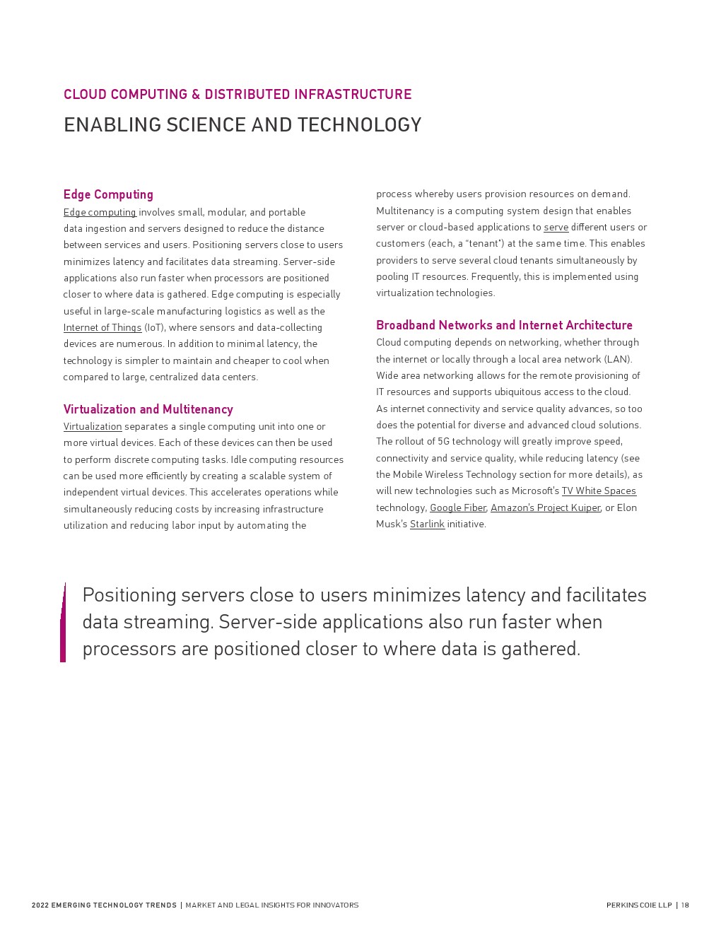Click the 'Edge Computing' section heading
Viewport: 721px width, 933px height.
pyautogui.click(x=108, y=194)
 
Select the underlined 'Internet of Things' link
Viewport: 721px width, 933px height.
pyautogui.click(x=102, y=327)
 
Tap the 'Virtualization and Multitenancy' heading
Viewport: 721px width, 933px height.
pyautogui.click(x=148, y=409)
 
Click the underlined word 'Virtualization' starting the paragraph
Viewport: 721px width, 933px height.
pyautogui.click(x=93, y=426)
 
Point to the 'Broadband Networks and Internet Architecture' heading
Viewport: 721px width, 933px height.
pyautogui.click(x=504, y=325)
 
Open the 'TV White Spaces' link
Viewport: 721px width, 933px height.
pyautogui.click(x=599, y=491)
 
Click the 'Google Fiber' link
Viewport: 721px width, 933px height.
pyautogui.click(x=458, y=507)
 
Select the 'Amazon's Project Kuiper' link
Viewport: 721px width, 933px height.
pyautogui.click(x=545, y=507)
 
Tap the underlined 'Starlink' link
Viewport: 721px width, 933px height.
pyautogui.click(x=427, y=524)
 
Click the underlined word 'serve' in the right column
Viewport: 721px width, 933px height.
pyautogui.click(x=556, y=227)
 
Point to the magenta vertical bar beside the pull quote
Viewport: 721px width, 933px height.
pyautogui.click(x=63, y=623)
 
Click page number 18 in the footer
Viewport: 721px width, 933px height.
pyautogui.click(x=685, y=905)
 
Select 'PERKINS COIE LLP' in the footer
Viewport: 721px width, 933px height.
pyautogui.click(x=639, y=905)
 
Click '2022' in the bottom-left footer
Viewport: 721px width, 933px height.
pyautogui.click(x=40, y=905)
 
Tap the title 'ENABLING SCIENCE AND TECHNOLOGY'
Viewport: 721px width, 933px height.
pyautogui.click(x=242, y=125)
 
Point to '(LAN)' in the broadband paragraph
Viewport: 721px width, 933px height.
pyautogui.click(x=618, y=359)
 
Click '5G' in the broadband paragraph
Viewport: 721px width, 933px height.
pyautogui.click(x=443, y=441)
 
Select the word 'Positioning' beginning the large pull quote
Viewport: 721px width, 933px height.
pyautogui.click(x=129, y=595)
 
